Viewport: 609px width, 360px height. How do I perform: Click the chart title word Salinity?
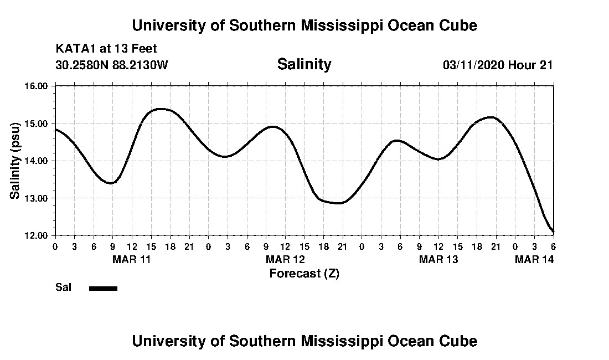(304, 64)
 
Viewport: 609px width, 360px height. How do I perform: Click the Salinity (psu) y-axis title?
(16, 161)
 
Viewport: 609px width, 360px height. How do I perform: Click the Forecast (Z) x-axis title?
(304, 273)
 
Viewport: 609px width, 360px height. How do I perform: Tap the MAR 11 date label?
(132, 259)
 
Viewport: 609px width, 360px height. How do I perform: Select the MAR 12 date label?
(285, 259)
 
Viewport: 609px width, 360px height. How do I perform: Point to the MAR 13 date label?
(438, 259)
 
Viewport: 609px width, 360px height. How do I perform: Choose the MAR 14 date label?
(534, 259)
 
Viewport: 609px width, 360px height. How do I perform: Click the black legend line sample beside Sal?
(103, 288)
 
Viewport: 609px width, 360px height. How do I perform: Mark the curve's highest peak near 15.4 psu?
(160, 109)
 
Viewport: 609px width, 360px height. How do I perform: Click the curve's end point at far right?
(553, 231)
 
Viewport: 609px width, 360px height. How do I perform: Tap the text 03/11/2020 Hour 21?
(498, 65)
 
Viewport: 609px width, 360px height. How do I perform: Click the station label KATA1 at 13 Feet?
(106, 49)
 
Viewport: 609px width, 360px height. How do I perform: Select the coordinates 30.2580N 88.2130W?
(111, 65)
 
